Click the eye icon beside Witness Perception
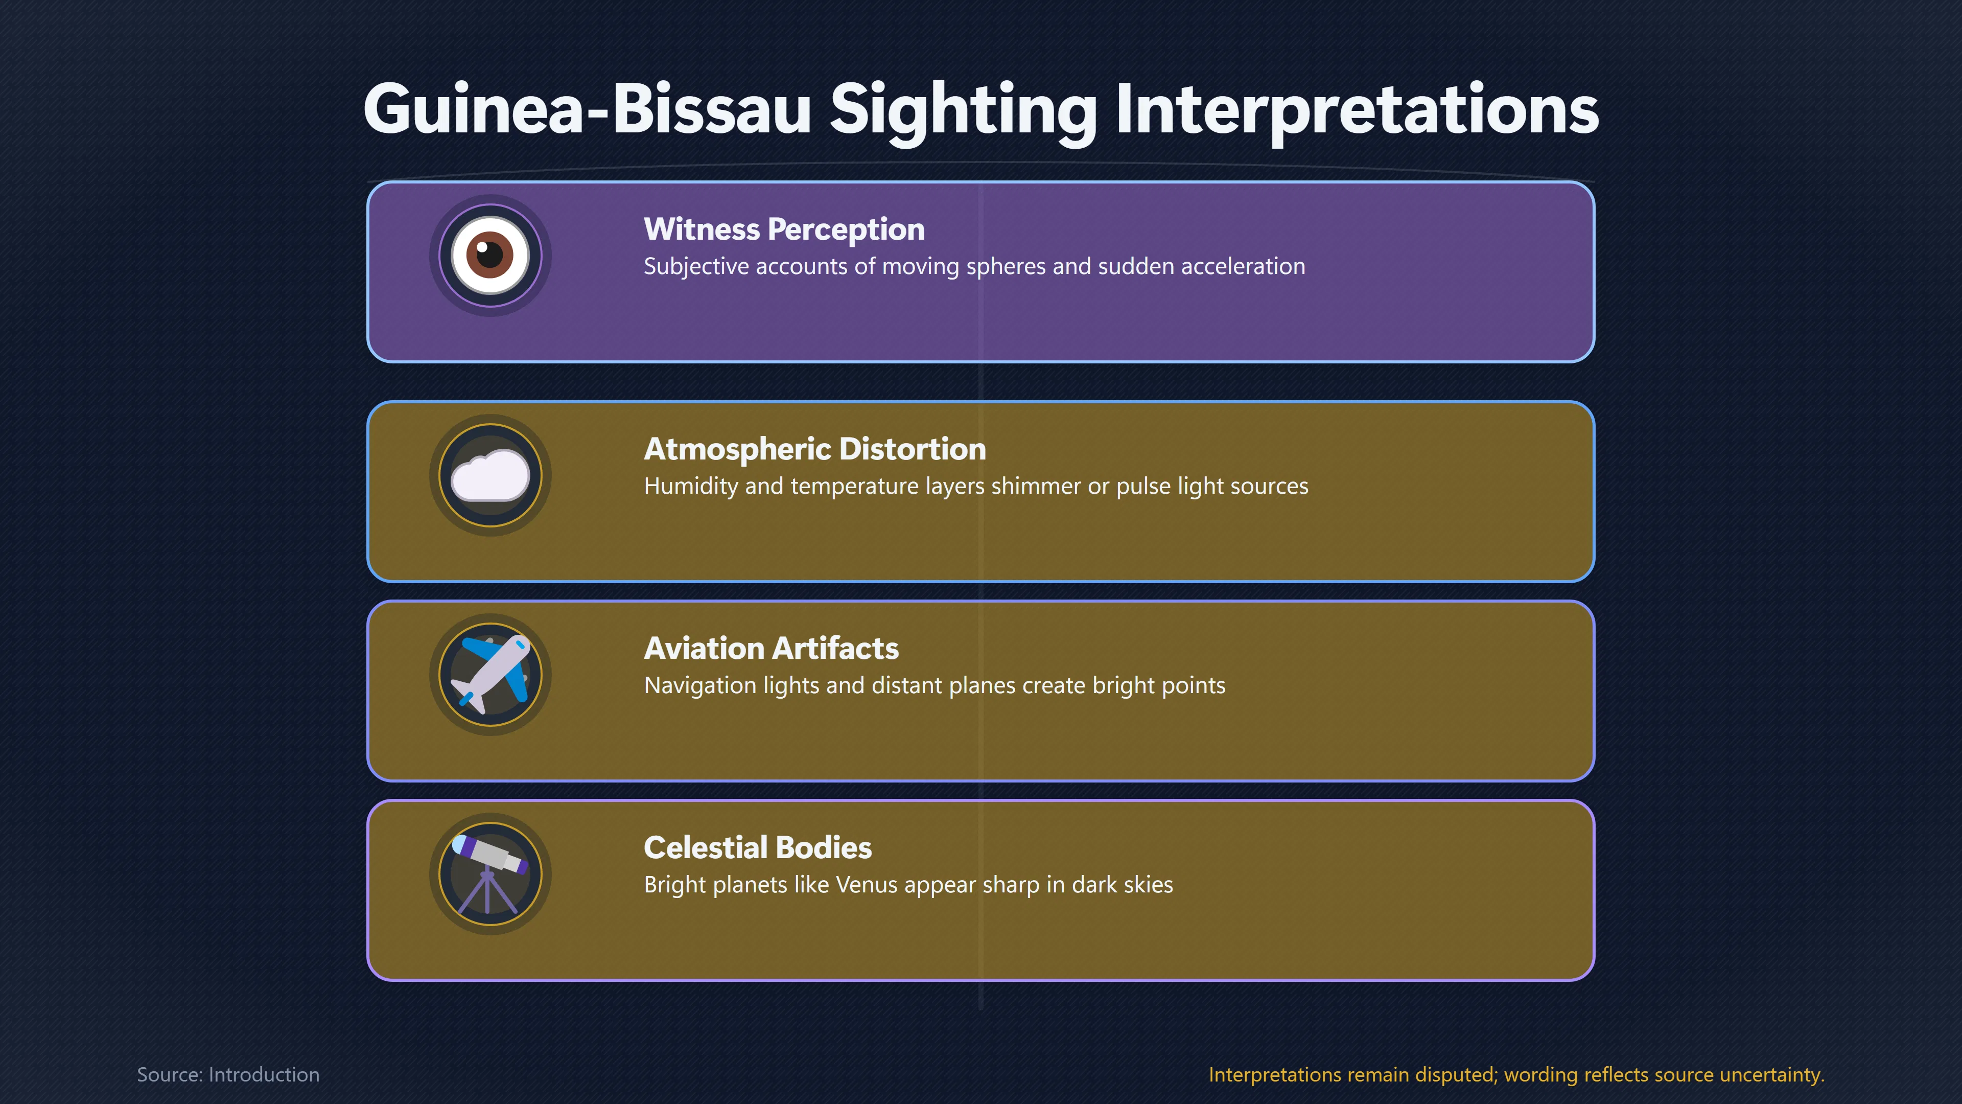pos(490,255)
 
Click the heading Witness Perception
pos(784,229)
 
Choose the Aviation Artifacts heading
pos(771,649)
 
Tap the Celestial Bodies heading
pos(757,847)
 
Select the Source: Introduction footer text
pos(228,1074)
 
